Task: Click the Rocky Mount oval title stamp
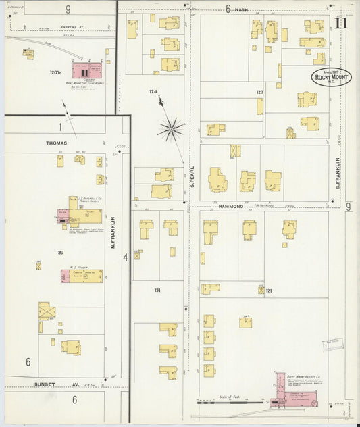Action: [330, 76]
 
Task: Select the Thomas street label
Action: [56, 143]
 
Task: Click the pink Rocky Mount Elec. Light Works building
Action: [86, 71]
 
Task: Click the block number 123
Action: [259, 91]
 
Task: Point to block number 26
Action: [60, 252]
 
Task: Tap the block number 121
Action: [268, 291]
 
